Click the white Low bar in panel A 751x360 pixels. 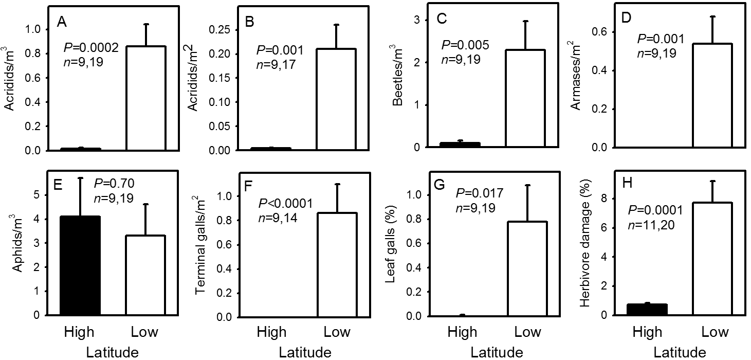(145, 98)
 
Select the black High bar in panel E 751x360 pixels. (80, 265)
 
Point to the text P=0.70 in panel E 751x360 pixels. (115, 183)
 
